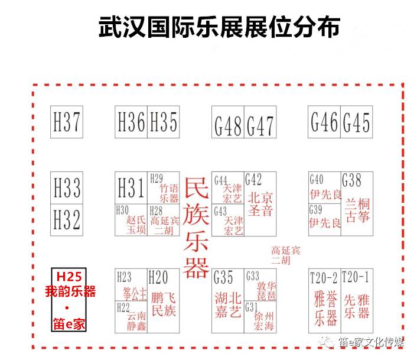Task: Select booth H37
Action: pos(66,122)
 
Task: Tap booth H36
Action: pos(131,122)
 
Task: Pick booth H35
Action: pos(164,122)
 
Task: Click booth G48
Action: pos(228,123)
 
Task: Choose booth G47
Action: pos(260,123)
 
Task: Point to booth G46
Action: pos(325,122)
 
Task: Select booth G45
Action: pos(357,122)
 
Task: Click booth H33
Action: pos(66,189)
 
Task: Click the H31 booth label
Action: pos(131,189)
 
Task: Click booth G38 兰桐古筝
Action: pos(357,202)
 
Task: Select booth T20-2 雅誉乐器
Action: pos(324,300)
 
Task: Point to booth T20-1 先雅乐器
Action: pos(357,300)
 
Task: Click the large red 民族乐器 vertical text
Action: pos(196,228)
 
